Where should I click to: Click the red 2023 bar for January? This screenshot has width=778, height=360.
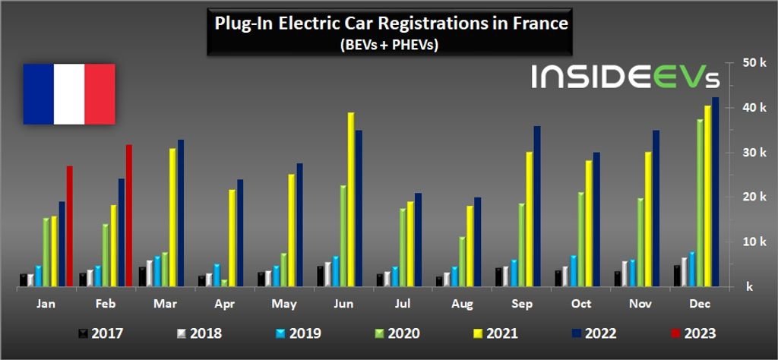(x=69, y=226)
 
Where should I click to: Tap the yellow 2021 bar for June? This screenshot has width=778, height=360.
(x=351, y=199)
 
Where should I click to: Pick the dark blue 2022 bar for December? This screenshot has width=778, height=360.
(x=715, y=191)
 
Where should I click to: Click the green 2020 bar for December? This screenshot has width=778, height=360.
(x=700, y=203)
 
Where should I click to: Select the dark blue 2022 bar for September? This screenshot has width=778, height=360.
(x=536, y=206)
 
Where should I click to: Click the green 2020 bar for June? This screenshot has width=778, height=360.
(x=343, y=235)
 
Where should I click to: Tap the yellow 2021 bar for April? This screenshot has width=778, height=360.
(x=232, y=238)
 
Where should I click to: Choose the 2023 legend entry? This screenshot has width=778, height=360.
(x=692, y=333)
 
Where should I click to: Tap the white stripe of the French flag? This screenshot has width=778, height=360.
(x=69, y=93)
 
